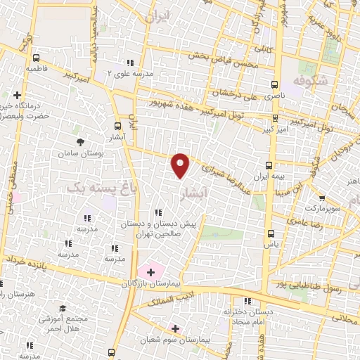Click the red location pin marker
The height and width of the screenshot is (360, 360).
coord(181,165)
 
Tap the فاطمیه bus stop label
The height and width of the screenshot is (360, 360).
coord(36,70)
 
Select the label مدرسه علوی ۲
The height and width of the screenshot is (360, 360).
coord(129,72)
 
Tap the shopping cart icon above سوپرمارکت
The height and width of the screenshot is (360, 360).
coord(322,199)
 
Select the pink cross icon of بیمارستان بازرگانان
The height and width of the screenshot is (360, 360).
coord(150,271)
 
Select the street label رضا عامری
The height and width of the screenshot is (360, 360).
coord(303,222)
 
